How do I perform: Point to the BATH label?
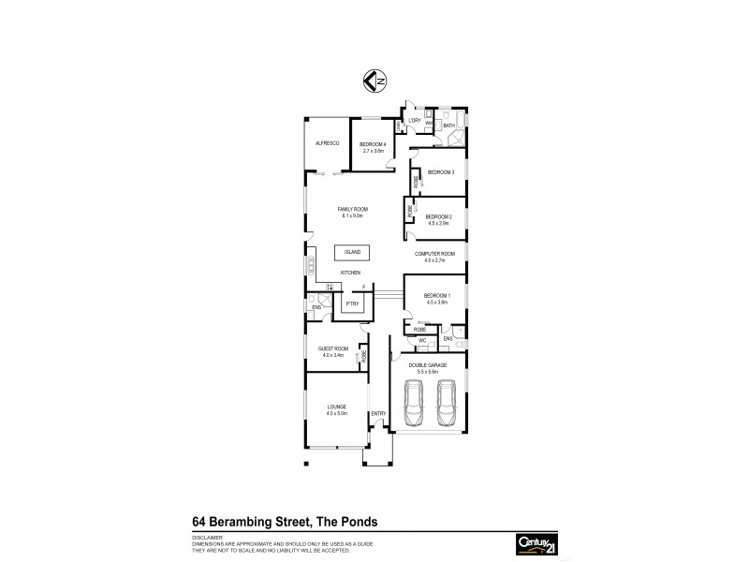[x=448, y=125]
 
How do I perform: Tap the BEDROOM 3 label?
[x=441, y=172]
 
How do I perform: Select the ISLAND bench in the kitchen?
[x=352, y=253]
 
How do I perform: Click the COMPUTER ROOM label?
[x=435, y=254]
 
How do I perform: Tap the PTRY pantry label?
[x=352, y=304]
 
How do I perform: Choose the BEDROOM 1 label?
[x=438, y=296]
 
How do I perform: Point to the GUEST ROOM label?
[x=333, y=348]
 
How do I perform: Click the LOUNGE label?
[x=336, y=407]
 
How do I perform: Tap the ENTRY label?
[x=378, y=413]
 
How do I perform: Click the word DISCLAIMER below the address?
[x=208, y=538]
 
